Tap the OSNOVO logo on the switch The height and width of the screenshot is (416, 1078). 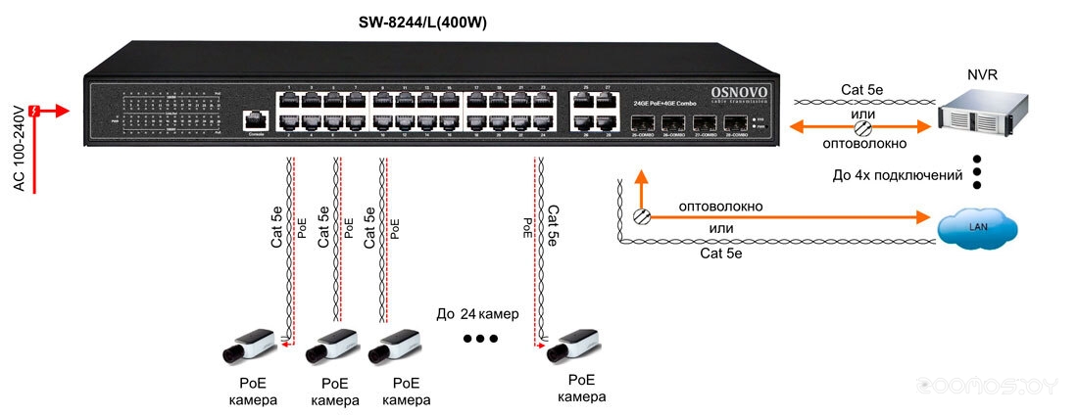click(739, 92)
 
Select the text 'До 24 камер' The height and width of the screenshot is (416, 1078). click(477, 313)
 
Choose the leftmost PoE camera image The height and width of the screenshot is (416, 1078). click(249, 347)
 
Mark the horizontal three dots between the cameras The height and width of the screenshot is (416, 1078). click(480, 339)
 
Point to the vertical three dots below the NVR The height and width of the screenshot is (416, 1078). click(979, 170)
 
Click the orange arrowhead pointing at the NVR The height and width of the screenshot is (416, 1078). click(920, 126)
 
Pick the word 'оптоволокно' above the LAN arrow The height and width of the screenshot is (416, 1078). click(720, 207)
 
